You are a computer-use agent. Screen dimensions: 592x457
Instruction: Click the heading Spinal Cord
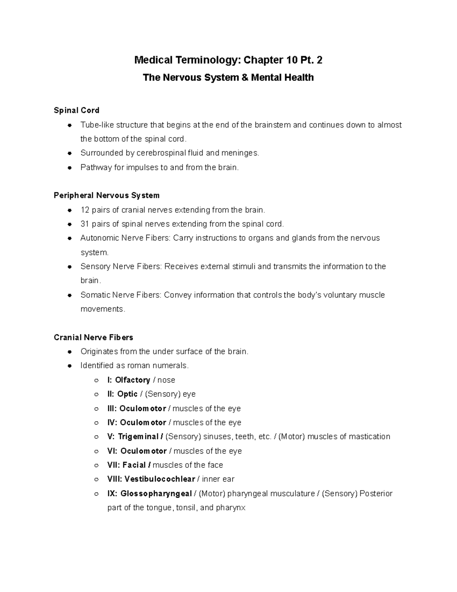(77, 111)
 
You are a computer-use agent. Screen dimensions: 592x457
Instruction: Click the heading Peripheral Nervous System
(107, 196)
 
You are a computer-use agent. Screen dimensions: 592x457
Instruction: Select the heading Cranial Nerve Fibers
(93, 337)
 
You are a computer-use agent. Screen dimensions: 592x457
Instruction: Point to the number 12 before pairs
(85, 210)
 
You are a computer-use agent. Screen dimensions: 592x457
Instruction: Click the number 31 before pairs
(85, 224)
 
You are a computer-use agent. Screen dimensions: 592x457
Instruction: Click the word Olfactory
(133, 380)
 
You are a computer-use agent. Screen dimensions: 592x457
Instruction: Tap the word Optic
(127, 394)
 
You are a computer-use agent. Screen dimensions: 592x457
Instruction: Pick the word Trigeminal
(138, 436)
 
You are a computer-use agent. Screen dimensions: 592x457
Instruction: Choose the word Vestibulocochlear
(160, 479)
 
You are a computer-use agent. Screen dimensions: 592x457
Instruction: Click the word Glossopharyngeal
(156, 494)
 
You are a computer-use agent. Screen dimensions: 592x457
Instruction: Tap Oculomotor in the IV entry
(143, 423)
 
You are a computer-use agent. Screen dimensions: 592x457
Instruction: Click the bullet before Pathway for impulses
(69, 168)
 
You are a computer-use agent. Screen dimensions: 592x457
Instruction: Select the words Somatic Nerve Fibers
(121, 295)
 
